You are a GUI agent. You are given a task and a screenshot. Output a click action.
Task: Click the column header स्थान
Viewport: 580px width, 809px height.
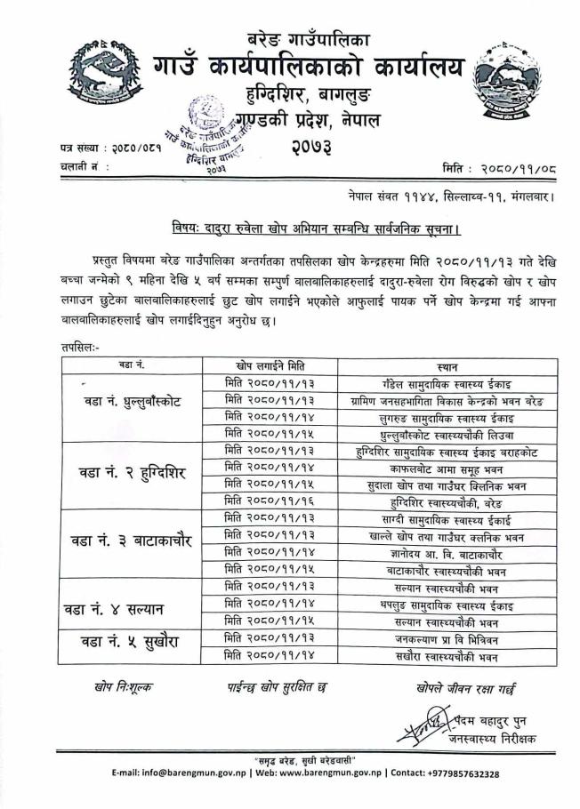[447, 364]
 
